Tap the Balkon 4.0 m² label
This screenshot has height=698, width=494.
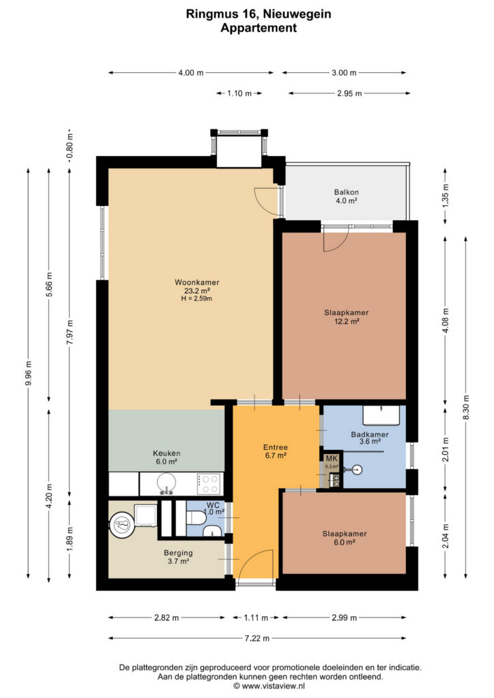click(x=346, y=196)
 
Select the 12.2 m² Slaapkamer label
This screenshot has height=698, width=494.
click(x=346, y=316)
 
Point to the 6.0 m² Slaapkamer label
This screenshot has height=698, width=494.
click(x=345, y=538)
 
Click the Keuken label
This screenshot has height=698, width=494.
click(x=166, y=457)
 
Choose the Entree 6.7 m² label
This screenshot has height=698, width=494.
click(x=275, y=451)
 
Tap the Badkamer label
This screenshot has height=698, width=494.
click(x=370, y=438)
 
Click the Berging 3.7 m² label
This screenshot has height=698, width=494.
click(x=178, y=557)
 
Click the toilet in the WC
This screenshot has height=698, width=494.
click(x=196, y=519)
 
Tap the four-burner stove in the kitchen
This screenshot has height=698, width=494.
click(x=209, y=484)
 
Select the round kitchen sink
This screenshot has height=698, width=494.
click(x=166, y=483)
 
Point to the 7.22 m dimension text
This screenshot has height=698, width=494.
click(x=257, y=638)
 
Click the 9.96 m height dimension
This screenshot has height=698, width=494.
click(x=29, y=374)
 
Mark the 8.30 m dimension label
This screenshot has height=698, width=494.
click(x=466, y=407)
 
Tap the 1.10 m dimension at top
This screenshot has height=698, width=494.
click(x=239, y=93)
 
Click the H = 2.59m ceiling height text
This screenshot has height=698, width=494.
click(x=197, y=299)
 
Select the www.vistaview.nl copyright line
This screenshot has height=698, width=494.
click(x=269, y=686)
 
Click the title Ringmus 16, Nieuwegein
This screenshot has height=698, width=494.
click(x=259, y=14)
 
